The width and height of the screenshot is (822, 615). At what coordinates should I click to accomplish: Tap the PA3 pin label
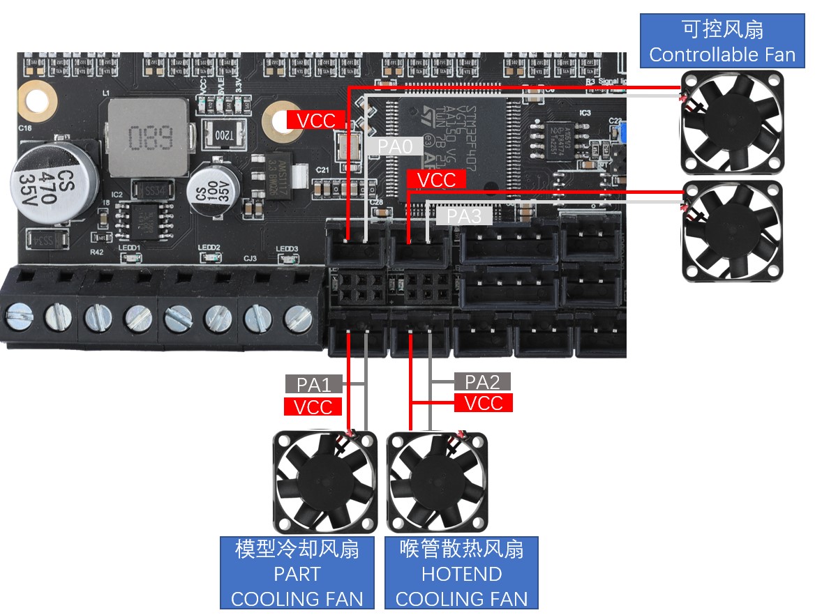tap(464, 216)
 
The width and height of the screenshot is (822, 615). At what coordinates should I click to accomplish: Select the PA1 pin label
tap(313, 384)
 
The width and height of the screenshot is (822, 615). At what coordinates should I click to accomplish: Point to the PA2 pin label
tap(482, 381)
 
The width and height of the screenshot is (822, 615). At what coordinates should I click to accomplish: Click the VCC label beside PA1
tap(313, 407)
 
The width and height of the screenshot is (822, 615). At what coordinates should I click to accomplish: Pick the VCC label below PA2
tap(483, 403)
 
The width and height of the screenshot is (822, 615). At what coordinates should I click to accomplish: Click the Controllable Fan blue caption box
tap(722, 42)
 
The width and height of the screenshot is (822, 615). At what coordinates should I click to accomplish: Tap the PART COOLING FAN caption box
tap(297, 574)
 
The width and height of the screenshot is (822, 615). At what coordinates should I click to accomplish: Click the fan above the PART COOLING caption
tap(324, 481)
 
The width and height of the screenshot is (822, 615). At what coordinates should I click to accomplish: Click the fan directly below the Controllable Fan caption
tap(731, 123)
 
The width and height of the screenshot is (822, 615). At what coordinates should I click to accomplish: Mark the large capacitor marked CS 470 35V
tap(45, 182)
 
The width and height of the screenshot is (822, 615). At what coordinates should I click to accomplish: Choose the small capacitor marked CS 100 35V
tap(210, 189)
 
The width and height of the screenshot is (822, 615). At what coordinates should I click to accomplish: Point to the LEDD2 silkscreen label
tap(209, 248)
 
